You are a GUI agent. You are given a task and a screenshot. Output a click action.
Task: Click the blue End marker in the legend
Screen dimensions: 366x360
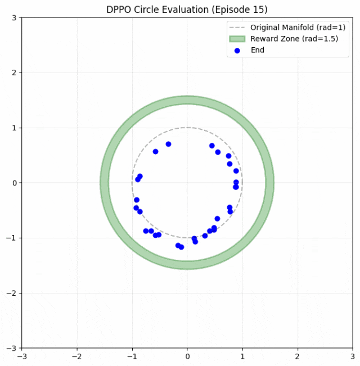tap(237, 50)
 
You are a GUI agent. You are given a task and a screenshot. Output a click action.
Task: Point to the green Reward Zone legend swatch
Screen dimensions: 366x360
tap(237, 39)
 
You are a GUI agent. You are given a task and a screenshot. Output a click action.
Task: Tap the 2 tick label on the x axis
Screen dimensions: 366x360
tap(298, 356)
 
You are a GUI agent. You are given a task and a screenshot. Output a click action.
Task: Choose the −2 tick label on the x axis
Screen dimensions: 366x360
tap(77, 356)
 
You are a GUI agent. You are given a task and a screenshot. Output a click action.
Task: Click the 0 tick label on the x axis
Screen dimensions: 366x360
tap(187, 356)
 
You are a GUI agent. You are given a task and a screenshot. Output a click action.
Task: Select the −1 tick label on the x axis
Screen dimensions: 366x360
tap(132, 356)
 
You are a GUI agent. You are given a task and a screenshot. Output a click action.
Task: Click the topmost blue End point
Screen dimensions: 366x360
tap(168, 144)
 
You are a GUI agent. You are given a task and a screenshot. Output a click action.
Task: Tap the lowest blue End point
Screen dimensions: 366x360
tap(181, 247)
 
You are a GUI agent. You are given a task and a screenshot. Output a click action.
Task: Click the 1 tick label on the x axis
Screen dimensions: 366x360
tap(242, 356)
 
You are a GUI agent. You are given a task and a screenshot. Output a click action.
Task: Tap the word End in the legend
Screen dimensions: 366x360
tap(257, 50)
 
